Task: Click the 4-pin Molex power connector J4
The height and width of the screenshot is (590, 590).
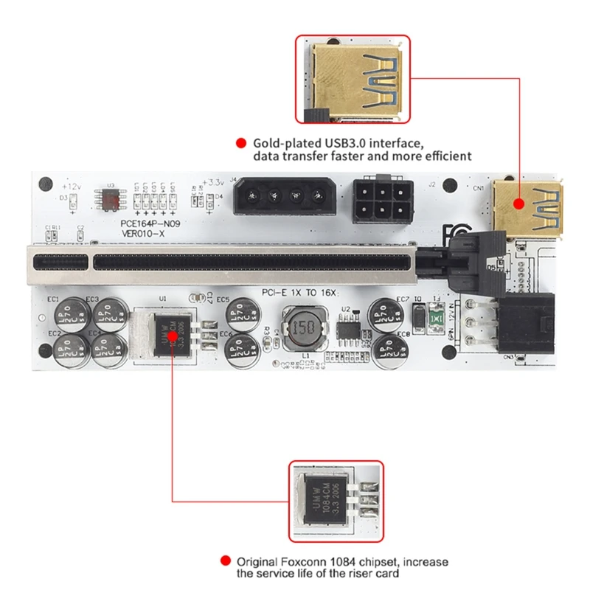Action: (283, 197)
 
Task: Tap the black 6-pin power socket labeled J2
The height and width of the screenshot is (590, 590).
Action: (382, 198)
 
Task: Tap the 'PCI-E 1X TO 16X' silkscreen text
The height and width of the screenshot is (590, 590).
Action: (299, 292)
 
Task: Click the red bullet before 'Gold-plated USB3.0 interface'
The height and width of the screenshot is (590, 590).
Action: (240, 143)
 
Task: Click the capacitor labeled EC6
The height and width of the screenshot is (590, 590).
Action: (238, 343)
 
